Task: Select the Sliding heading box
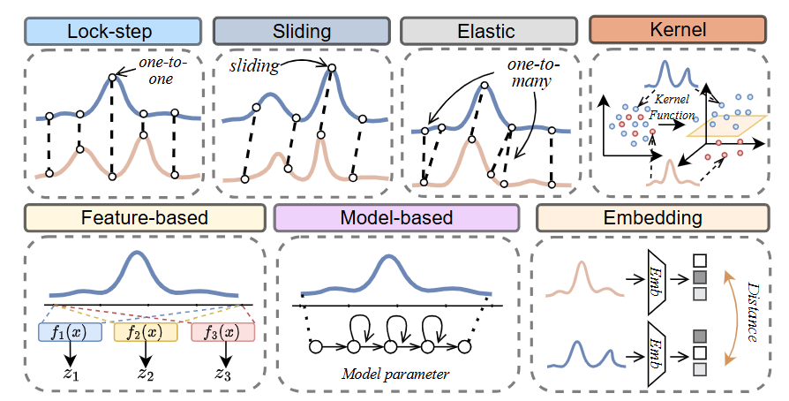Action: coord(301,31)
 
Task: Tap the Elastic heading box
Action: coord(486,31)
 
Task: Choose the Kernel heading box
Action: coord(676,31)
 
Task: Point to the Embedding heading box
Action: coord(653,217)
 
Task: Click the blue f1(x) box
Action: coord(71,332)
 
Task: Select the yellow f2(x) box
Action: coord(147,332)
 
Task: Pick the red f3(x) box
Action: coord(223,332)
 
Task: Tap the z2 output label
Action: coord(147,374)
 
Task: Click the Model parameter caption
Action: coord(395,374)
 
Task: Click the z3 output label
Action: coord(223,374)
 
